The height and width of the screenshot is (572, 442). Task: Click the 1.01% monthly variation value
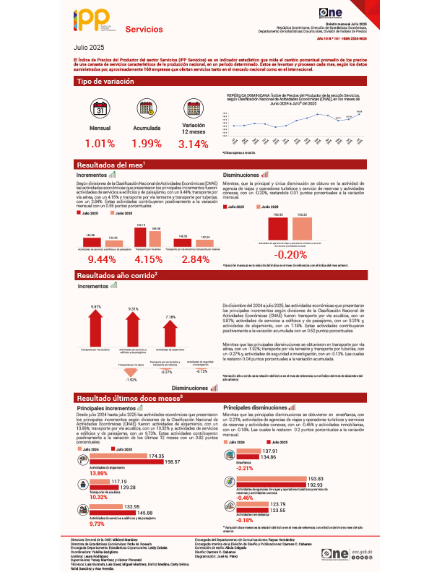100,143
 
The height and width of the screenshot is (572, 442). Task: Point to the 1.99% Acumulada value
147,143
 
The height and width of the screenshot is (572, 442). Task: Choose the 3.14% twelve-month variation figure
193,144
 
